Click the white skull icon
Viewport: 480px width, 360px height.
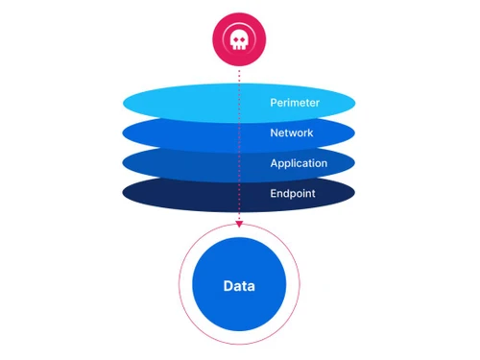(239, 37)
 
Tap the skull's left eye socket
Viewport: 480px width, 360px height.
(234, 36)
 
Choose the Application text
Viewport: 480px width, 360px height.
(299, 163)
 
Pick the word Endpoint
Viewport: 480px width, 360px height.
(295, 194)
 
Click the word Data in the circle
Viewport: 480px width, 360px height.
(239, 286)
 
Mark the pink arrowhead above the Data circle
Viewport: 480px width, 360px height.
(239, 225)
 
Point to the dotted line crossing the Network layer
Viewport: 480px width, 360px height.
(239, 132)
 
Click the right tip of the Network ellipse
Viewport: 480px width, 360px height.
(355, 132)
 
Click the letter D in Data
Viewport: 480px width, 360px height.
(228, 286)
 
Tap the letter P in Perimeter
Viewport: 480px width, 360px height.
(275, 101)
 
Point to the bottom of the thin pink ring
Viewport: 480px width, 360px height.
(239, 344)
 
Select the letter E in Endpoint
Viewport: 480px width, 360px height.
(274, 194)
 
